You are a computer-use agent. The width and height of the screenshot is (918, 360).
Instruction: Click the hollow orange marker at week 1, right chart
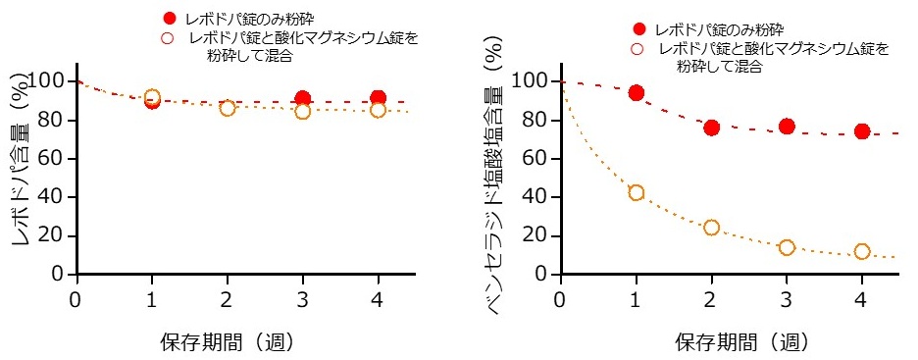coord(636,192)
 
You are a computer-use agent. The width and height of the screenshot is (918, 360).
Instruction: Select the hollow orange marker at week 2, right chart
coord(711,228)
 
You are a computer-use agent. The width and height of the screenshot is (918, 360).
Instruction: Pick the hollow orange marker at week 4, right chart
coord(861,251)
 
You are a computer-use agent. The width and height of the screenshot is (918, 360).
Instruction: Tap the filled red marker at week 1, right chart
coord(636,93)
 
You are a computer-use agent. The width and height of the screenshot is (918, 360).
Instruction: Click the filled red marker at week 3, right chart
coord(787,127)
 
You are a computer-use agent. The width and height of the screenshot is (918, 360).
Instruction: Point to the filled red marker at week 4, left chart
coord(378,98)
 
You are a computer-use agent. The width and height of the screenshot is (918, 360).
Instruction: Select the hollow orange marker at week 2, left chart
coord(228,108)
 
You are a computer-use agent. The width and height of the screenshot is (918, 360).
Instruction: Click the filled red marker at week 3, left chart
coord(303,99)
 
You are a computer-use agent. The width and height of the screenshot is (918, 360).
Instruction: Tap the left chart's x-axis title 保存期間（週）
coord(228,342)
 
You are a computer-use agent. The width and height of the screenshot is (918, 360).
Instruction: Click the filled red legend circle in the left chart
coord(170,19)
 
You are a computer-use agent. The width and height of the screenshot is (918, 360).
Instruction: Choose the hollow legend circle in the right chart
coord(638,48)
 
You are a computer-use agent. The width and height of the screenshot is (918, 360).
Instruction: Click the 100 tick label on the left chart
coord(49,80)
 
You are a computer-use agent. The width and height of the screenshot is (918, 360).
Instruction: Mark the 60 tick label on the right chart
coord(537,159)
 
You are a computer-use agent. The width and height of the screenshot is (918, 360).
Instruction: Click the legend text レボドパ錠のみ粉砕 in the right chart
coord(727,28)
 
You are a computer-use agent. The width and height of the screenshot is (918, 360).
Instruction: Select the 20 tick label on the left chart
coord(53,236)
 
